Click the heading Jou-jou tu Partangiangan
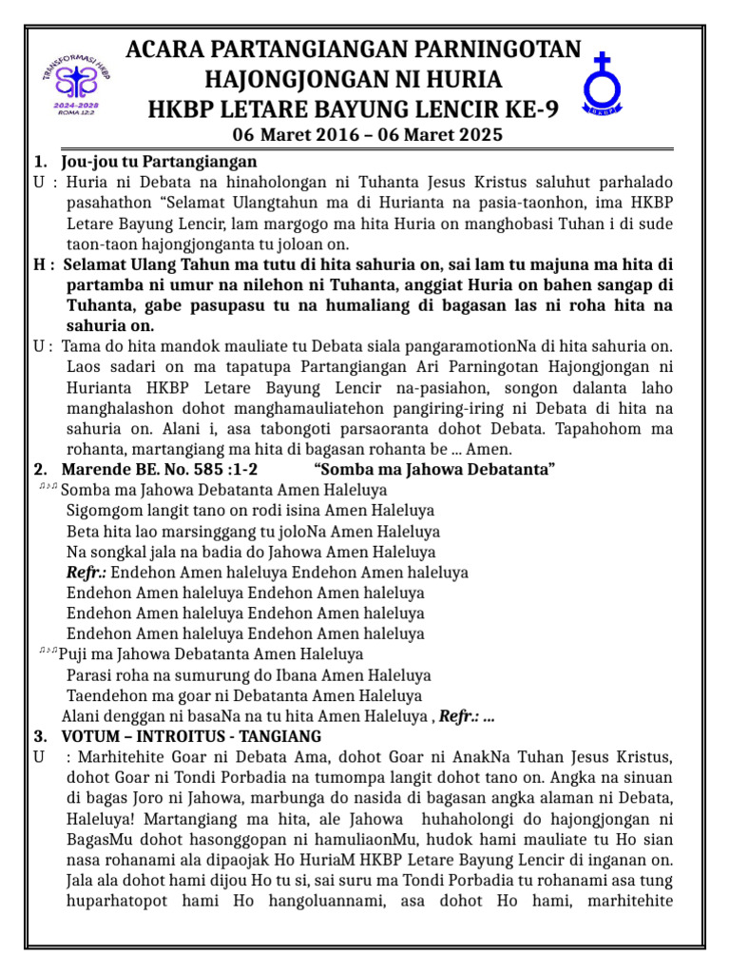tap(159, 162)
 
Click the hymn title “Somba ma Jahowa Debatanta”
tap(434, 470)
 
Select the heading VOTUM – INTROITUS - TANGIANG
tap(191, 736)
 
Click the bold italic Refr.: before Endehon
tap(86, 573)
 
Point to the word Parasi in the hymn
tap(90, 675)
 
